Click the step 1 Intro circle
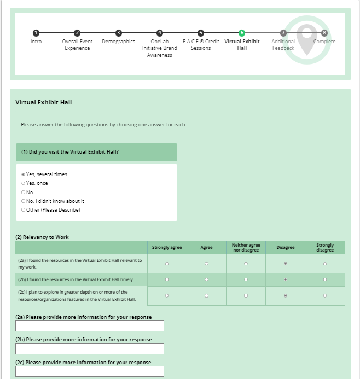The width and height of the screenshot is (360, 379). tap(36, 33)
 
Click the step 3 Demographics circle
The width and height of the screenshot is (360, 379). tap(119, 33)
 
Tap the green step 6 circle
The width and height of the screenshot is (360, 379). tap(242, 33)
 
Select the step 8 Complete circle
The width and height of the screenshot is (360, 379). tap(324, 33)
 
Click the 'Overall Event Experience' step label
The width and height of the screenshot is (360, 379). tap(77, 45)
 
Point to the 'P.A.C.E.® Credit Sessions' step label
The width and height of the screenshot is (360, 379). tap(201, 45)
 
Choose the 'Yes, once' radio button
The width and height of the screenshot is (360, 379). tap(23, 183)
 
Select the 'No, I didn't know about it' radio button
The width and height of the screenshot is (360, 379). tap(23, 201)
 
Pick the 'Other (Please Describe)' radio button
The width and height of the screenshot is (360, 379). tap(23, 209)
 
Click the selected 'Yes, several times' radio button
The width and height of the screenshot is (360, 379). tap(23, 174)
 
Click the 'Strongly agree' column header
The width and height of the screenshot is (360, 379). tap(167, 248)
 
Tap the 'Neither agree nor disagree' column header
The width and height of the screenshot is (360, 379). tap(246, 248)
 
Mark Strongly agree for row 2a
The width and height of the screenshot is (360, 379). tap(167, 264)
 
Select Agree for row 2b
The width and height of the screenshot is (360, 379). tap(206, 279)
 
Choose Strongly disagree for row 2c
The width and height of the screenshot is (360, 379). tap(325, 296)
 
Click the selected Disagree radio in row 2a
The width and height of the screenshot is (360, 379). tap(286, 264)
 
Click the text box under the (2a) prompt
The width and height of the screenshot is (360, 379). tap(90, 326)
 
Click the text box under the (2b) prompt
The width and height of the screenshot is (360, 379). tap(90, 349)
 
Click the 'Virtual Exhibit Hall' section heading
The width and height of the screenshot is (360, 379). tap(44, 102)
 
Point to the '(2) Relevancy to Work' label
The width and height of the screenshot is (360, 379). tap(42, 237)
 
